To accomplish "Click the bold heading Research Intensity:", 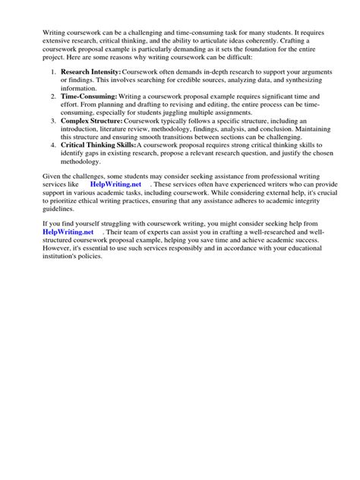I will (x=90, y=71).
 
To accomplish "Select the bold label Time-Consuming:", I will (x=89, y=97).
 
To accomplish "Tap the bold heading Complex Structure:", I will (x=90, y=121).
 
